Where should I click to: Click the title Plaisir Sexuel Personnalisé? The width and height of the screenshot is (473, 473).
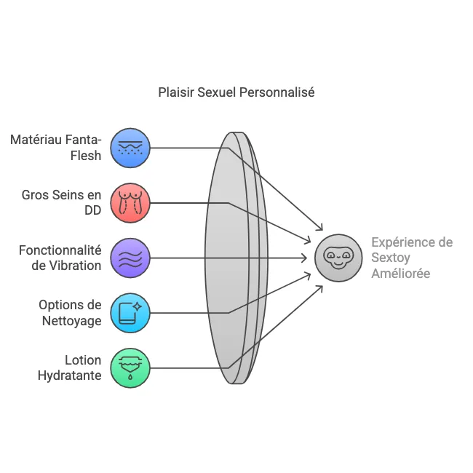(236, 93)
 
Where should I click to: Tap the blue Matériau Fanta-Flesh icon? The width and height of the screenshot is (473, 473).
(130, 148)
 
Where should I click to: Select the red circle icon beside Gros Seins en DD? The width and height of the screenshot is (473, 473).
(130, 202)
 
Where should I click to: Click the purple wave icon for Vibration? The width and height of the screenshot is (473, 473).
(130, 258)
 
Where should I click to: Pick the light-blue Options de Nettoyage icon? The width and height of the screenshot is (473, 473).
(130, 312)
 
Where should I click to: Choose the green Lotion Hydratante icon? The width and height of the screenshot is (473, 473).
(130, 367)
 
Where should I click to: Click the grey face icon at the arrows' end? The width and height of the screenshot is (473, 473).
(338, 258)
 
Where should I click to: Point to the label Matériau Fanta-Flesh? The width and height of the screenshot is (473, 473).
(56, 147)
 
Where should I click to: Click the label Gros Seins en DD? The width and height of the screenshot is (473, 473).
(62, 202)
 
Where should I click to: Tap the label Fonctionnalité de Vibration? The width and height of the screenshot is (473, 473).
(60, 258)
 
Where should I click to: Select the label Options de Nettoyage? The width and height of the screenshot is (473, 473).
(70, 312)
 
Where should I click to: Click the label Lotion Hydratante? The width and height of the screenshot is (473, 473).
(70, 367)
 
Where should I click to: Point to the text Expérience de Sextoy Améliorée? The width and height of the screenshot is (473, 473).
(412, 258)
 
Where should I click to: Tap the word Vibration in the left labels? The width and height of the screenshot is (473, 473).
(76, 266)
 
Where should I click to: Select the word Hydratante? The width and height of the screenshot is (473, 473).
(70, 375)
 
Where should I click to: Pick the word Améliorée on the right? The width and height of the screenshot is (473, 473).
(401, 274)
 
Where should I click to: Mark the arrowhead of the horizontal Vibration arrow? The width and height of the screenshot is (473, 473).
(305, 258)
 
